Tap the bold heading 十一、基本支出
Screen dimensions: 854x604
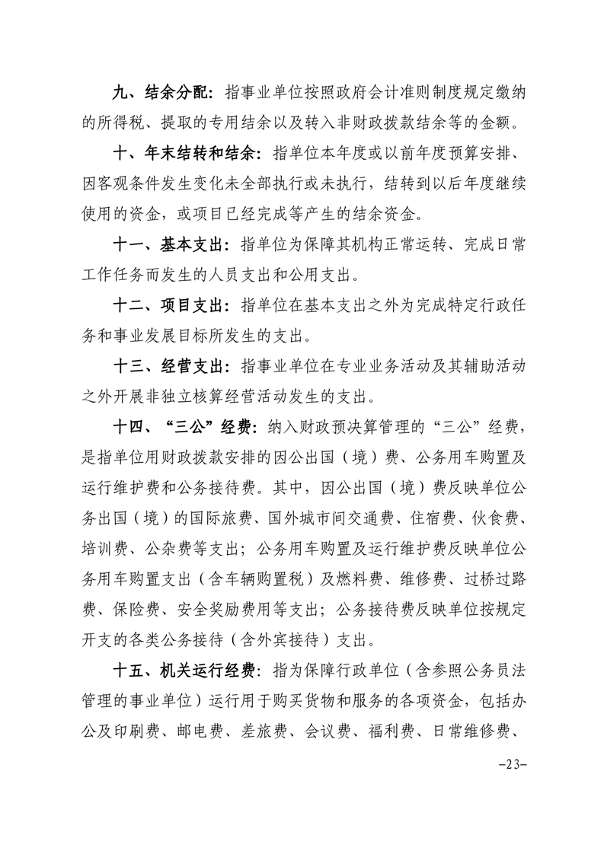pos(168,245)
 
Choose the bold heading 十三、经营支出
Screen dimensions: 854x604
pos(168,367)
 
